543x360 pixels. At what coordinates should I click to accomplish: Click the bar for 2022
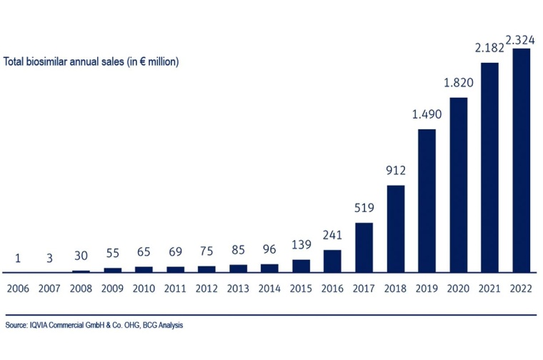[x=522, y=160]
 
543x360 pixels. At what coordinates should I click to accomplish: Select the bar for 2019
[x=427, y=201]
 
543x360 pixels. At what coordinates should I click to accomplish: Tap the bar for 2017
[x=364, y=247]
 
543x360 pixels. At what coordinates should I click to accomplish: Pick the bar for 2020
[x=459, y=185]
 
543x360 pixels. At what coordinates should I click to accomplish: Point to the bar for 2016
[x=333, y=261]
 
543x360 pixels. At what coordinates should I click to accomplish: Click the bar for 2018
[x=396, y=229]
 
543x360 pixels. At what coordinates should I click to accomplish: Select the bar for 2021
[x=490, y=167]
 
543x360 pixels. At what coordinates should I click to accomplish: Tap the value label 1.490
[x=427, y=115]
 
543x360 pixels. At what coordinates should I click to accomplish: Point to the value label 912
[x=396, y=171]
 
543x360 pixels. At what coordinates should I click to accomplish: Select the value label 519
[x=364, y=208]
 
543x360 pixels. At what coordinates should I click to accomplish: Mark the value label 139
[x=302, y=245]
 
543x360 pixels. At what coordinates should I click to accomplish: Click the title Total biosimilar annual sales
[x=91, y=62]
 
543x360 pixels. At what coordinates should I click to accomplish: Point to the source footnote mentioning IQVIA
[x=94, y=326]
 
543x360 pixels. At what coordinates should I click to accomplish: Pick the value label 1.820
[x=459, y=83]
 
